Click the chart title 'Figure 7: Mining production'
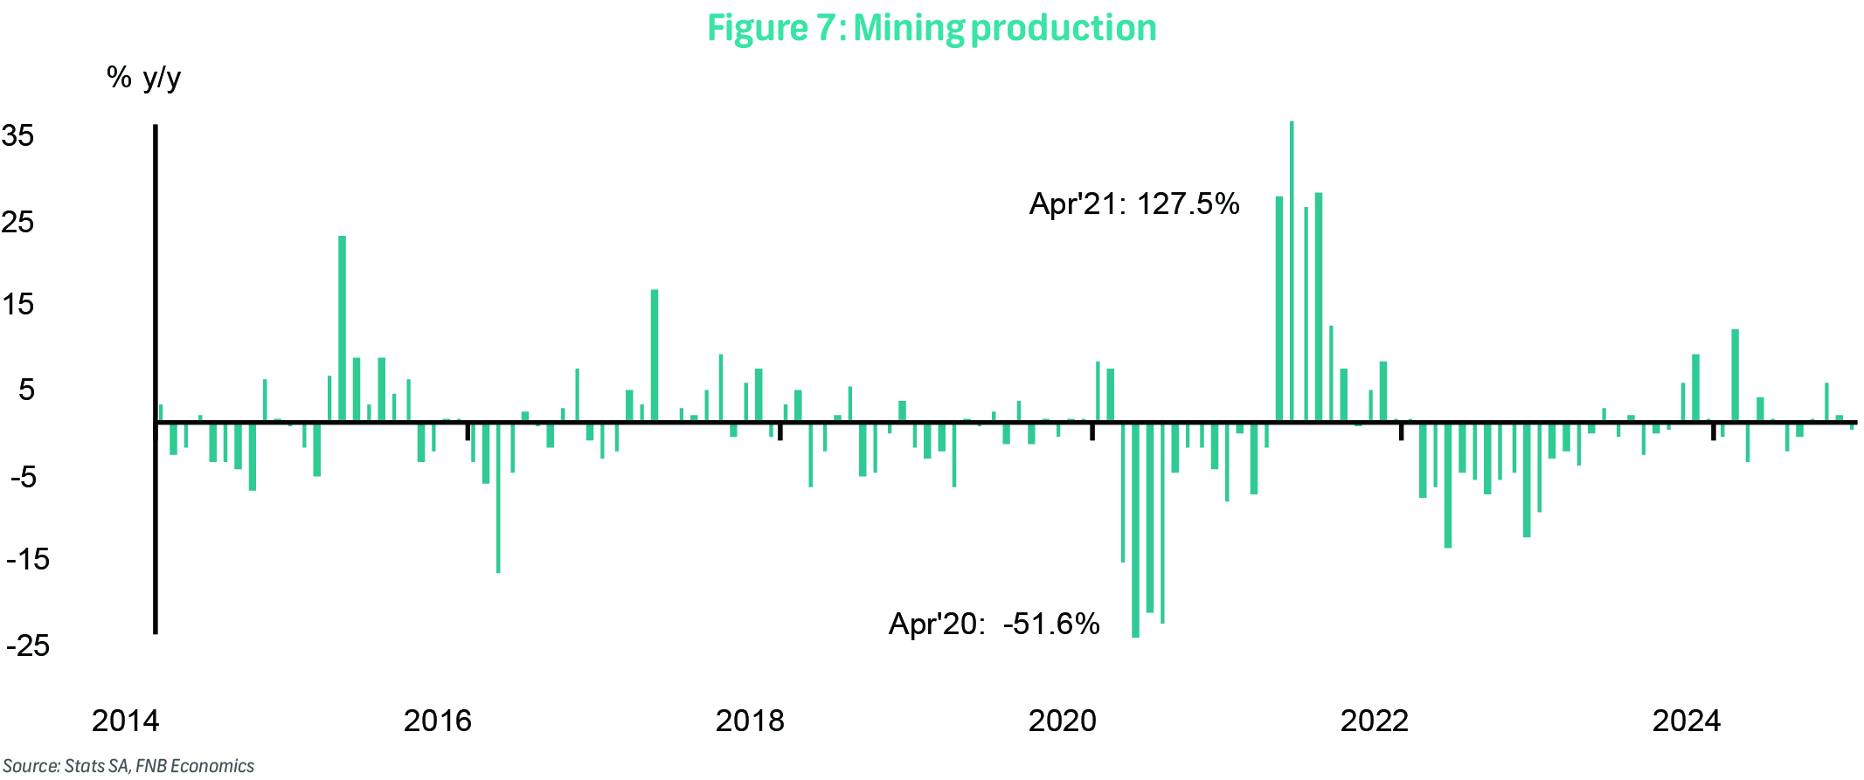coord(932,28)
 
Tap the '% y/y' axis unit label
coord(143,78)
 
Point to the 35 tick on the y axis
coord(18,136)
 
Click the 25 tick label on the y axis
coord(18,222)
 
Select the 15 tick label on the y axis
coord(18,305)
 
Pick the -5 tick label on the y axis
coord(23,477)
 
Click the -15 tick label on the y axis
coord(27,559)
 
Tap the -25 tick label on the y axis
coord(27,645)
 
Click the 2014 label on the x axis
coord(125,721)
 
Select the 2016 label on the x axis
coord(437,721)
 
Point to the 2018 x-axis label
coord(750,721)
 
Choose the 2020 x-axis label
coord(1062,721)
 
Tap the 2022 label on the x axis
coord(1374,721)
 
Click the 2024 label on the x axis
coord(1686,721)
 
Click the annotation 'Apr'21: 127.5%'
coord(1134,204)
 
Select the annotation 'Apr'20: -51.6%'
coord(994,624)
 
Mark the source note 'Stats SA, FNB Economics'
coord(128,766)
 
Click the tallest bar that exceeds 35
coord(1292,271)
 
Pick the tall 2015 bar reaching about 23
coord(342,328)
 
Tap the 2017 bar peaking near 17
coord(654,355)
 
